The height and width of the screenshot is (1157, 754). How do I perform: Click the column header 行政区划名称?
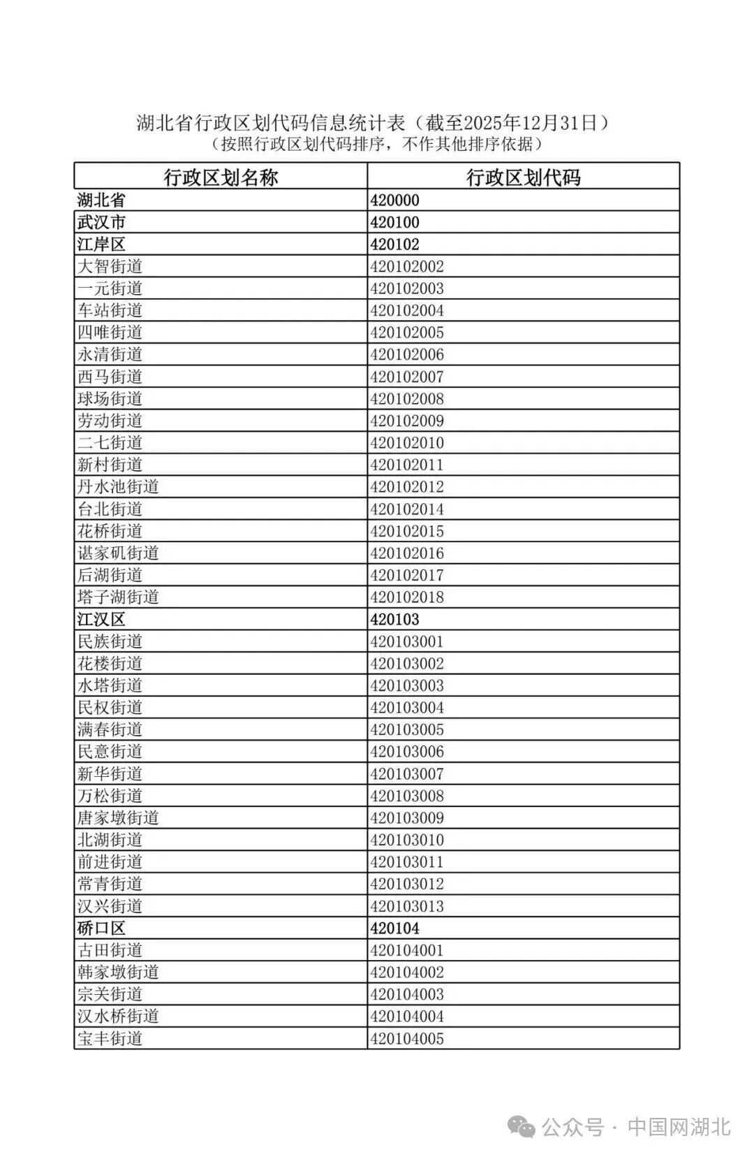221,177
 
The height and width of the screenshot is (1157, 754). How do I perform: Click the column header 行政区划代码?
523,177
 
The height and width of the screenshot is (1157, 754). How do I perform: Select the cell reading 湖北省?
102,201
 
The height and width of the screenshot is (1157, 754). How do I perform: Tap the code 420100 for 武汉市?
395,223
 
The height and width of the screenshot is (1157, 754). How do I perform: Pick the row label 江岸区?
102,245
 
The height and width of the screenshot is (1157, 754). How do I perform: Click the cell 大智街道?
110,267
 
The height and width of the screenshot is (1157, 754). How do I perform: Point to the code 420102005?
407,333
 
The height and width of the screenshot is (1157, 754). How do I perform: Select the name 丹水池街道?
118,487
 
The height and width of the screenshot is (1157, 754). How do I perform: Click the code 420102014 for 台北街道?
407,509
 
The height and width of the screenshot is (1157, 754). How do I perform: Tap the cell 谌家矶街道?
118,553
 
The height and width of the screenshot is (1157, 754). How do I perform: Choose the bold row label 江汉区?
102,620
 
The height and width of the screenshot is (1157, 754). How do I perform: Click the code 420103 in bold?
395,620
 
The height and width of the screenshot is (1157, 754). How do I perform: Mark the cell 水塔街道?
110,685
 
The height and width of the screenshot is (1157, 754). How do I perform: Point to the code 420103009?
407,818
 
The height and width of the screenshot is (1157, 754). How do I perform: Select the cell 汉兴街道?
110,906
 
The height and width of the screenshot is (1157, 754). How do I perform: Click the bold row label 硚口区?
102,929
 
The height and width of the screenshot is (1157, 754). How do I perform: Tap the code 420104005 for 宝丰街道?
407,1039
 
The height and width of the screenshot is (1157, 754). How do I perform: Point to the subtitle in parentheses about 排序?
377,145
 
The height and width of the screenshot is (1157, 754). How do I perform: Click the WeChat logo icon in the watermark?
522,1127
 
